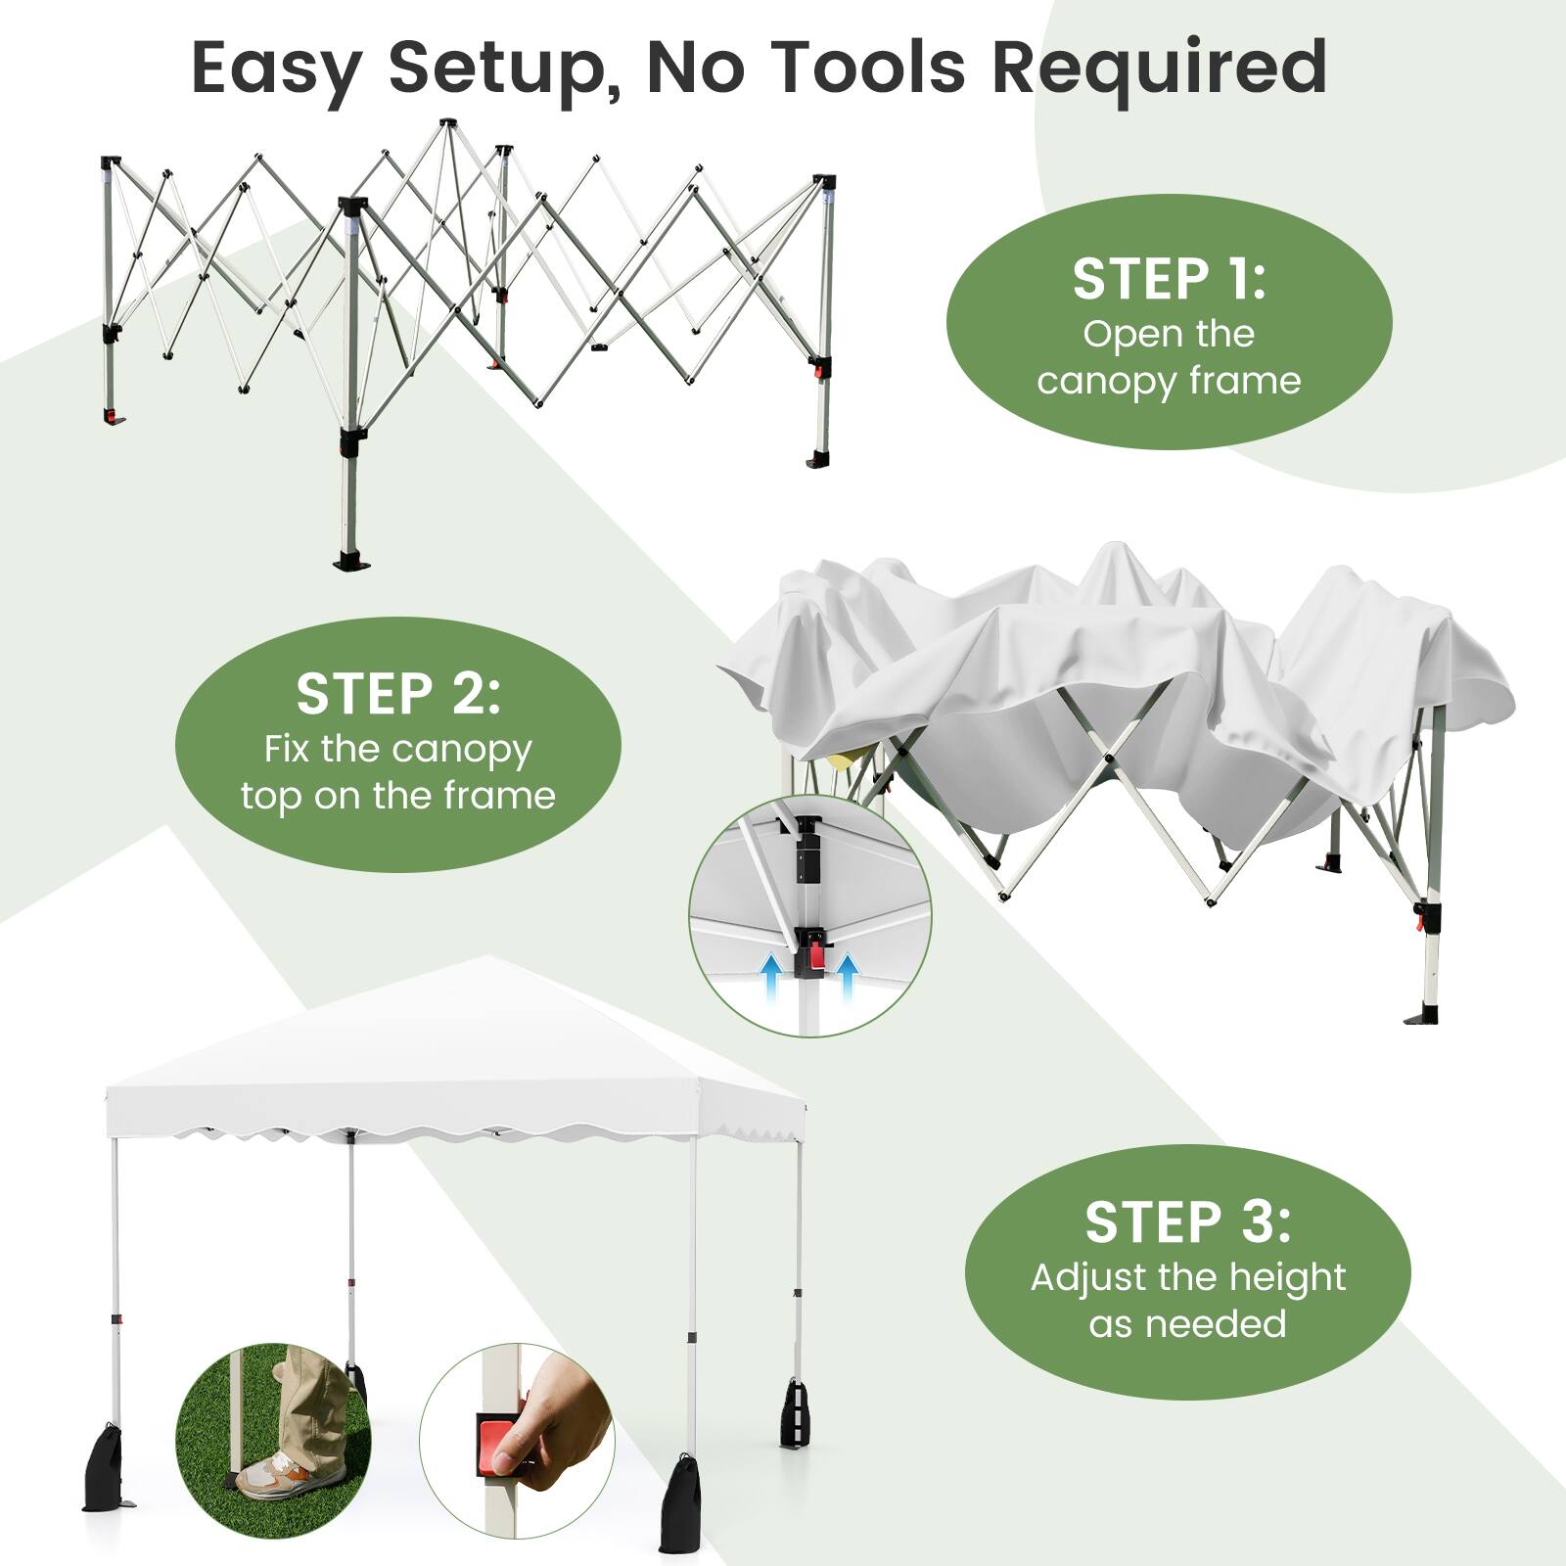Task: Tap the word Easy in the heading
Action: tap(276, 69)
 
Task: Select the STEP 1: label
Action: tap(1169, 280)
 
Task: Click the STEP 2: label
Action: tap(397, 694)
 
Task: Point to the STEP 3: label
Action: tap(1187, 1222)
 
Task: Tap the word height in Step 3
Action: tap(1287, 1277)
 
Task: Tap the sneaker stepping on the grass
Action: tap(272, 1478)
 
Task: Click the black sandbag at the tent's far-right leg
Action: tap(793, 1413)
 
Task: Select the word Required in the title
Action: tap(1159, 67)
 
